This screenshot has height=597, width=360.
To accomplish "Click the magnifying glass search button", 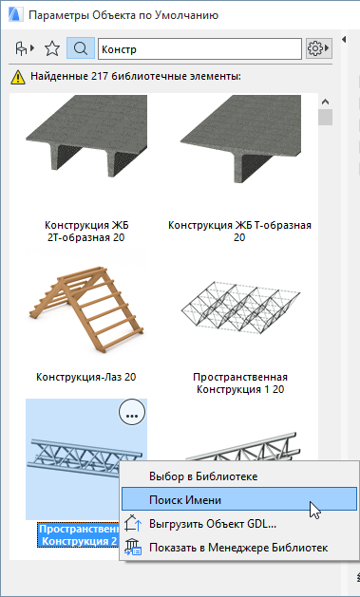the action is coord(81,48).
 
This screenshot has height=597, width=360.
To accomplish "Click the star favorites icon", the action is coord(52,48).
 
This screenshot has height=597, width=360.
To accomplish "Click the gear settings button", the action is coord(319,48).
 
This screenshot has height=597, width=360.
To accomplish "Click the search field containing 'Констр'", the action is coord(200,49).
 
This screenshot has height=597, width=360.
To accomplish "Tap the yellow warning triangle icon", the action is coord(17,77).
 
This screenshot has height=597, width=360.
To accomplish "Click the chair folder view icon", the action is coord(25,48).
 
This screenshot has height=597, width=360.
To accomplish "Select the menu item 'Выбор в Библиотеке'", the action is coord(203,476).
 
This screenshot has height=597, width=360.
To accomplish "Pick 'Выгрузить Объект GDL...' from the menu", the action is coord(213,524).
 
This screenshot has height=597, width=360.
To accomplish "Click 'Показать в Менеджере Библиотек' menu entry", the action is coord(238,548).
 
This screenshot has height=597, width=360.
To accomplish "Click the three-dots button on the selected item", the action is coord(132,414).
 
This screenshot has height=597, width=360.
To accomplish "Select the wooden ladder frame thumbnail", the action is coord(86,308).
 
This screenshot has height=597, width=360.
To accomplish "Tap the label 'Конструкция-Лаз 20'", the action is coord(86,377).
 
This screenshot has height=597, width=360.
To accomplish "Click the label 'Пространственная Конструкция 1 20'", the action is coord(240,383).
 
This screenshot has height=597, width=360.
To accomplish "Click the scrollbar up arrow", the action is coord(326,102).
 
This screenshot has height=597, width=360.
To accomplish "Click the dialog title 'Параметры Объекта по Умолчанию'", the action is coord(123,15).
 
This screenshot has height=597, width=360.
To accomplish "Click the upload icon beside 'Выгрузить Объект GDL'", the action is coord(133,524).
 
